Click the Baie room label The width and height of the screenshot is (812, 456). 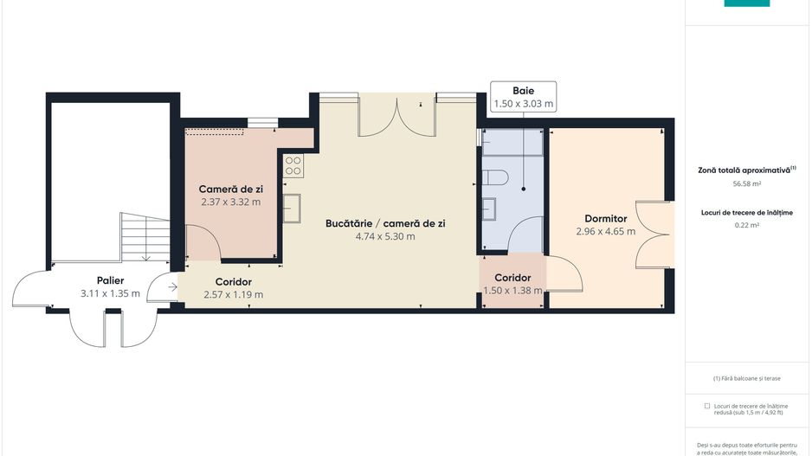coord(523,90)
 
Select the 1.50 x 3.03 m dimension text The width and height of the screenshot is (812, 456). coord(523,104)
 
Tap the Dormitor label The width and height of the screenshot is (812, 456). coord(605,219)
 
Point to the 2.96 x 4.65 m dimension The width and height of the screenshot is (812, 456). coord(605,232)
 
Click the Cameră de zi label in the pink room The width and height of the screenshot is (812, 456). coord(230,189)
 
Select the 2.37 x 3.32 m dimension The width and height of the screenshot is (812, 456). coord(230,202)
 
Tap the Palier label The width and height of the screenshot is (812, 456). coord(110,280)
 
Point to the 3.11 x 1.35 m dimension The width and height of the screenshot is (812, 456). coord(110,294)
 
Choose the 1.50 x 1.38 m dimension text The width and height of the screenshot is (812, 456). coord(512,291)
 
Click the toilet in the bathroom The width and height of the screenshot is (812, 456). coord(497,177)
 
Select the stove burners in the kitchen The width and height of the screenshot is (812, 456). coord(293,164)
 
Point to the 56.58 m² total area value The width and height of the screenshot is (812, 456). coord(746,183)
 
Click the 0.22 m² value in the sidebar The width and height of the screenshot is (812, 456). coord(746,225)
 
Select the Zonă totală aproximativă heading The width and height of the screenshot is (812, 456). coord(746,170)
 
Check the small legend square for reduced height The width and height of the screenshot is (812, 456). coord(707,405)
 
